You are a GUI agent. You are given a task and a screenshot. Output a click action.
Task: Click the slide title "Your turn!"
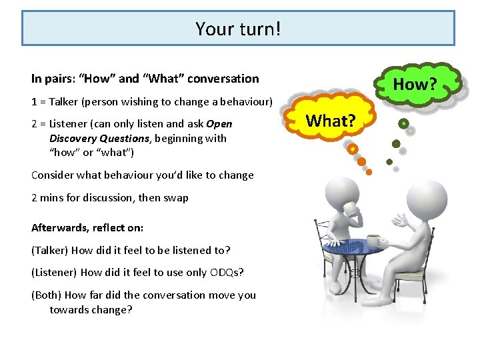coord(238,29)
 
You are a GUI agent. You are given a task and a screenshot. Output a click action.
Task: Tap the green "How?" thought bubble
coord(414,84)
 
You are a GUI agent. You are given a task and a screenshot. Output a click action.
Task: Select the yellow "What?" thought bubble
coord(331,120)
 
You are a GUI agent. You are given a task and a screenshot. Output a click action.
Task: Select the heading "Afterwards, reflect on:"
coord(87,227)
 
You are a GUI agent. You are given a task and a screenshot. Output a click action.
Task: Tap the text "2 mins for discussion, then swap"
coord(110,197)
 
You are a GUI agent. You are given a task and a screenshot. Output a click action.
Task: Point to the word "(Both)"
coord(49,295)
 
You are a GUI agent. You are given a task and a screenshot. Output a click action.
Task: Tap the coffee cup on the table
coord(373,241)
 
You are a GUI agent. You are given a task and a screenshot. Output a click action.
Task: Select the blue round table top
coord(353,249)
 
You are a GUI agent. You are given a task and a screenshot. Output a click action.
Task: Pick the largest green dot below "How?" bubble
coord(404,124)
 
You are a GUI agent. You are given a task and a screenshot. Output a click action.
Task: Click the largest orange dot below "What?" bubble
coord(353,149)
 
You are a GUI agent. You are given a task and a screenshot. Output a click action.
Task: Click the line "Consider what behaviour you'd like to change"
coord(143,175)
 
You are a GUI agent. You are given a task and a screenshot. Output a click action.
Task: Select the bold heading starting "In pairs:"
coord(145,79)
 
